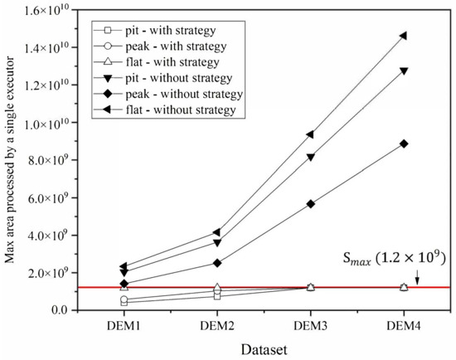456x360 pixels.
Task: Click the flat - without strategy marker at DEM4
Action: (403, 36)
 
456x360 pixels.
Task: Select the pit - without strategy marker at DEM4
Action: (403, 71)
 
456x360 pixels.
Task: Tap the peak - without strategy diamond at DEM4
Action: (403, 144)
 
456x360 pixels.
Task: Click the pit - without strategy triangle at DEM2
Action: (217, 242)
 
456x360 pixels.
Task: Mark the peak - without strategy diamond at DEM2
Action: (217, 263)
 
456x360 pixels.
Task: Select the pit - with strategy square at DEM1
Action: (124, 303)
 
